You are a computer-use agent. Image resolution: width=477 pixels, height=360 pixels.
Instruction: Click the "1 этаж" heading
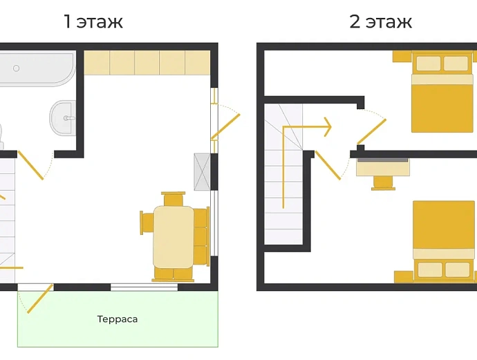coord(93,21)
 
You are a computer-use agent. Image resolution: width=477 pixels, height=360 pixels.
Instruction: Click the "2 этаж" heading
coord(381,21)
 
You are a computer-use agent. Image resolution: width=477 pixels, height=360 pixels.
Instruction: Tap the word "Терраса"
coord(118,319)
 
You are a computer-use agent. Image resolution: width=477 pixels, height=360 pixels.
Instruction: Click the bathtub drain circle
coord(16,68)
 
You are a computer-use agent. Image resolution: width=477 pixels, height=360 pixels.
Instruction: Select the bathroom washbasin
coord(62,118)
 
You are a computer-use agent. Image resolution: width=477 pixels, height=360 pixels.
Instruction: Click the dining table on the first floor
coord(174,237)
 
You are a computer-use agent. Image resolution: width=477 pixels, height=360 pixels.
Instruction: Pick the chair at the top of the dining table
coord(174,198)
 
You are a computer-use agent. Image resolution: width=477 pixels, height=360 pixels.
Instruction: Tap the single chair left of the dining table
coord(147,223)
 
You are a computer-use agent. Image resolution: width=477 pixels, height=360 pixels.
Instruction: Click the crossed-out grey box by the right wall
coord(202,172)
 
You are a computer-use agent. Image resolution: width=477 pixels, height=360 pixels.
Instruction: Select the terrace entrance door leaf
coord(40,299)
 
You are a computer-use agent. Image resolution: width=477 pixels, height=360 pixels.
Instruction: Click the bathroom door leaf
coord(30,165)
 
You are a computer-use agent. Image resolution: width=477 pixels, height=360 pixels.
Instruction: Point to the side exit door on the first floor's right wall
coord(226,126)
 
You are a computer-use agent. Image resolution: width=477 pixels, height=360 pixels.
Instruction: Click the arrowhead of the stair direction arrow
coord(328,126)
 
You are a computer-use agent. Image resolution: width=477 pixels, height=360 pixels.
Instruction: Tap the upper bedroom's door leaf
coord(372,131)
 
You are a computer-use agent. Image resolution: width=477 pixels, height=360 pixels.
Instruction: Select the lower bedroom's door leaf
coord(328,165)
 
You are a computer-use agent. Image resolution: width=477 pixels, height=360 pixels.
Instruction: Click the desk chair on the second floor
coord(383,183)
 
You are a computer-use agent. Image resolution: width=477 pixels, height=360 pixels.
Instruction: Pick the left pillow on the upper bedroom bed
coord(429,64)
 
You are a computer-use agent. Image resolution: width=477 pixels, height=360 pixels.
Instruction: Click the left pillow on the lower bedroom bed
coord(430,269)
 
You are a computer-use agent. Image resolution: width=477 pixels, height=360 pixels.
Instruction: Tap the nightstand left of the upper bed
coord(402,56)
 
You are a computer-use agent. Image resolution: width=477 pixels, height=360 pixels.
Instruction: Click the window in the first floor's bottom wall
coord(144,287)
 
